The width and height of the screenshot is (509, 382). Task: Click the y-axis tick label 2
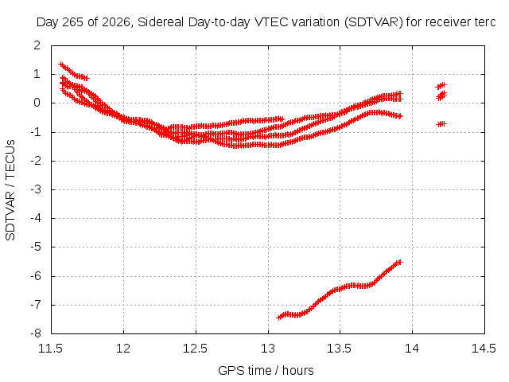coord(37,45)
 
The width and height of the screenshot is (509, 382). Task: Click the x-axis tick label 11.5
coord(51,349)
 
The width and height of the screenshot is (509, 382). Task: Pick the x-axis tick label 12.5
coord(196,349)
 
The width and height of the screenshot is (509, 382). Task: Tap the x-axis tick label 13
coord(268,349)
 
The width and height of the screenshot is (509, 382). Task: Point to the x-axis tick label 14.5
coord(484,349)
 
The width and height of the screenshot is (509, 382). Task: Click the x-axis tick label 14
coord(412,349)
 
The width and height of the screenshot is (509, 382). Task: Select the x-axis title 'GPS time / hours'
coord(266,371)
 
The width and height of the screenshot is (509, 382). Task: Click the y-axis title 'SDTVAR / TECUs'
coord(10,190)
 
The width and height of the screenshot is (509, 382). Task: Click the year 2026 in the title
coord(117,22)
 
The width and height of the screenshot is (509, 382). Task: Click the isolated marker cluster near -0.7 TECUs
coord(441,124)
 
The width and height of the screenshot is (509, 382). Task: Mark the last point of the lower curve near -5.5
coord(399,262)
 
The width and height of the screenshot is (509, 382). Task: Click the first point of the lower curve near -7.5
coord(279,318)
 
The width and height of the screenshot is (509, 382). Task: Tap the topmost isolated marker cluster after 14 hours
coord(441,86)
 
